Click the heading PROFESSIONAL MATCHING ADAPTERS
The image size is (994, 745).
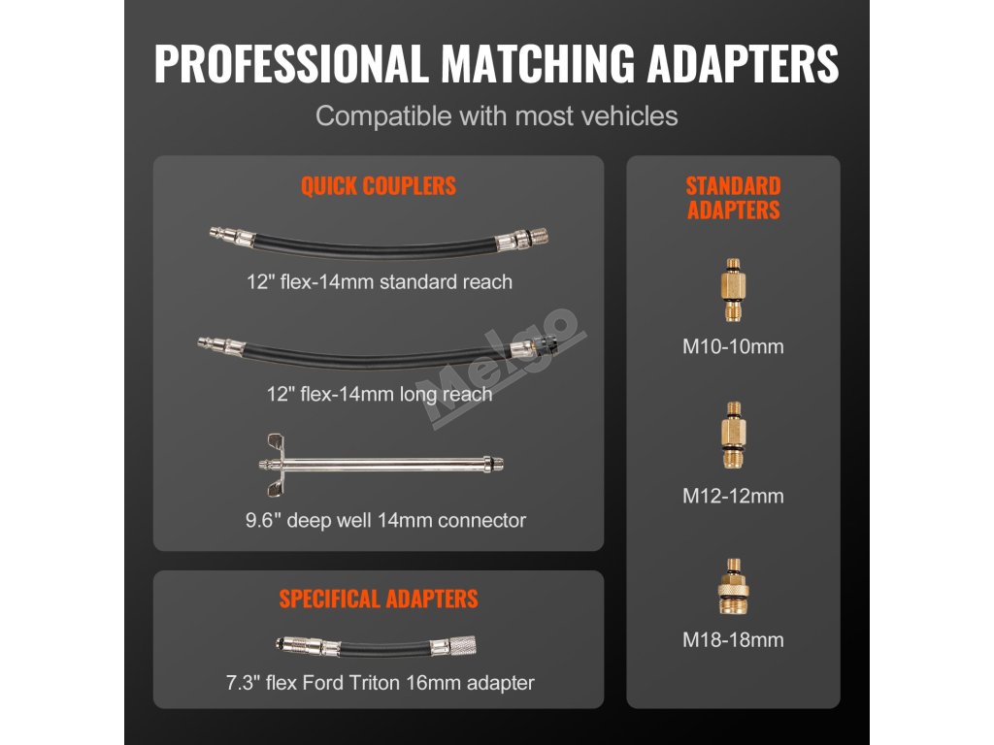coord(496,64)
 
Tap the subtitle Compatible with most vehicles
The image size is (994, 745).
coord(496,116)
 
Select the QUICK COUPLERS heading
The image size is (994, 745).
coord(378,186)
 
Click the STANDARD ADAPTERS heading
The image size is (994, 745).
coord(733,198)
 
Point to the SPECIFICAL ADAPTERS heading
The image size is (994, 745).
coord(378,599)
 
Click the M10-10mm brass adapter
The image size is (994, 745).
coord(733,291)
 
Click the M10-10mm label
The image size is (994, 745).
coord(733,346)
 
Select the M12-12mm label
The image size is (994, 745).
coord(733,496)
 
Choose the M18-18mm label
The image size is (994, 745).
coord(733,639)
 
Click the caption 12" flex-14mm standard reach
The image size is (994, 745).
coord(378,282)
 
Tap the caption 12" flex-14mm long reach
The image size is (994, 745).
coord(378,395)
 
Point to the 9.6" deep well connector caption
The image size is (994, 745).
coord(384,520)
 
